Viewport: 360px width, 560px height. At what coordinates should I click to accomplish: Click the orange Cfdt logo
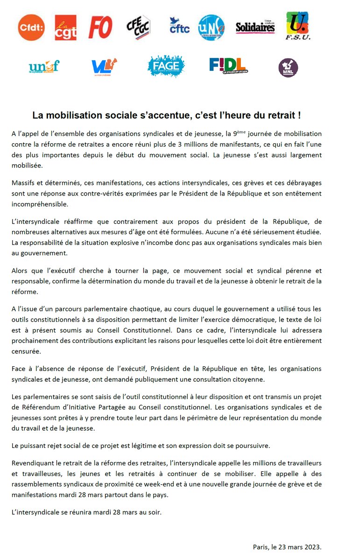point(31,28)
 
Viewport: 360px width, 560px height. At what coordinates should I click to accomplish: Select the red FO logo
point(100,28)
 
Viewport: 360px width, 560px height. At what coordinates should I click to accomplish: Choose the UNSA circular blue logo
point(212,28)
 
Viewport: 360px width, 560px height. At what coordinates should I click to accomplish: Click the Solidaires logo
point(255,27)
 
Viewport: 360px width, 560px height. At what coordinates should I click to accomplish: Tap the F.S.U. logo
point(298,26)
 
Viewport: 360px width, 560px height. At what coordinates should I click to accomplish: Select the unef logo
point(44,67)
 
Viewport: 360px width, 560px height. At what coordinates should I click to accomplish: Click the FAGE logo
point(166,66)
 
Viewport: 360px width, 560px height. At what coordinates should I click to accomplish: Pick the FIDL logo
point(228,65)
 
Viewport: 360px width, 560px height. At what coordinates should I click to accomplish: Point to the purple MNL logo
point(288,68)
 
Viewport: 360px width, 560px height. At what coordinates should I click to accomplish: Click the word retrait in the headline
point(279,115)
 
